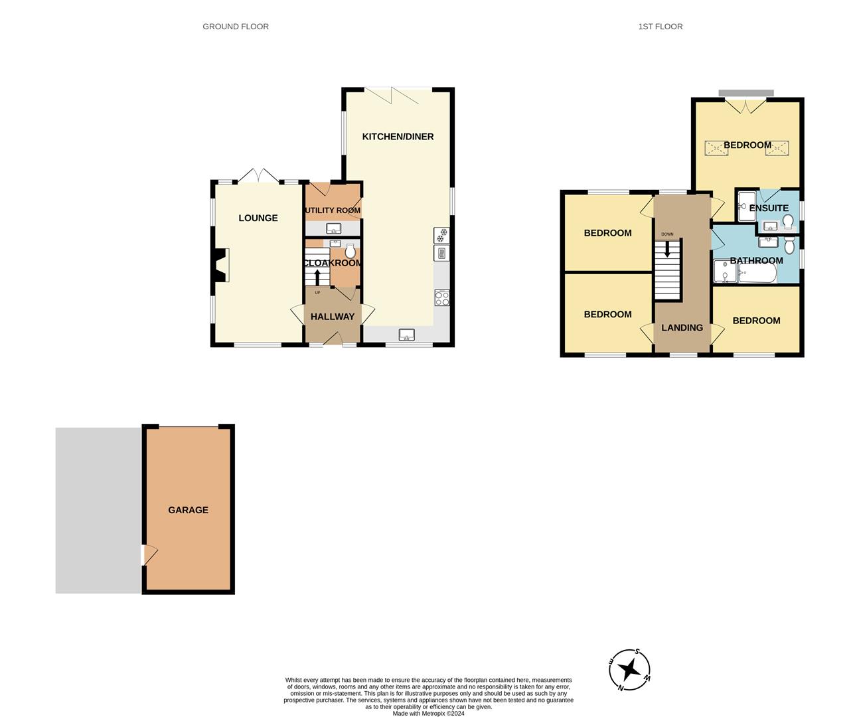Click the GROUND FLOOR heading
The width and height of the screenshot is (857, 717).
point(236,27)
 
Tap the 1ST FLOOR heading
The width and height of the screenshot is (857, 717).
point(660,27)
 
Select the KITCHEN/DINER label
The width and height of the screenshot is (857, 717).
point(398,137)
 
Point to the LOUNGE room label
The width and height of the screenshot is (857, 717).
point(258,218)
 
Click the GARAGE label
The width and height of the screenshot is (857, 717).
point(188,510)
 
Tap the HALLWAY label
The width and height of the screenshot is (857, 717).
point(333,317)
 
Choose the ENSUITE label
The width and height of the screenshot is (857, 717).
point(769,208)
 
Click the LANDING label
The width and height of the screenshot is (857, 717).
point(682,327)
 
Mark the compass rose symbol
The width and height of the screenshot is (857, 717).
point(629,669)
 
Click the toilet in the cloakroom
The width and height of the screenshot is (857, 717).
point(350,251)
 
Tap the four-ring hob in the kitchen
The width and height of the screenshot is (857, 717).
point(441,298)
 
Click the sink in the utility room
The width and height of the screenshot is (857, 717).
point(334,228)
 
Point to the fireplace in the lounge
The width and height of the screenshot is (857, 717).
point(220,265)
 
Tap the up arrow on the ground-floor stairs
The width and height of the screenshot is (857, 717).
point(317,277)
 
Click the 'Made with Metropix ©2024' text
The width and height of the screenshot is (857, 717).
point(428,714)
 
